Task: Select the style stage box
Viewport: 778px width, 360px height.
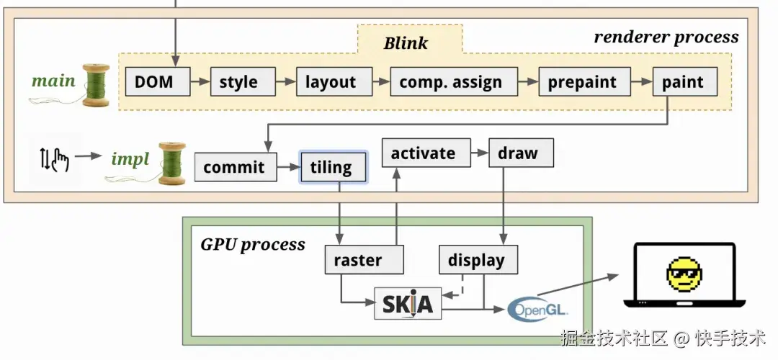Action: click(x=238, y=81)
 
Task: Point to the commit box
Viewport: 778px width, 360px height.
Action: click(x=234, y=167)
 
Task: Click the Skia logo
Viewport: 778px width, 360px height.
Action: click(x=408, y=304)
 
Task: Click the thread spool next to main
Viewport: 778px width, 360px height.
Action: click(x=95, y=85)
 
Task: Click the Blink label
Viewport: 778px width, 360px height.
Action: click(x=406, y=42)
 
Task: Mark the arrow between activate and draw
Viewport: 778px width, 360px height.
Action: click(x=480, y=153)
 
